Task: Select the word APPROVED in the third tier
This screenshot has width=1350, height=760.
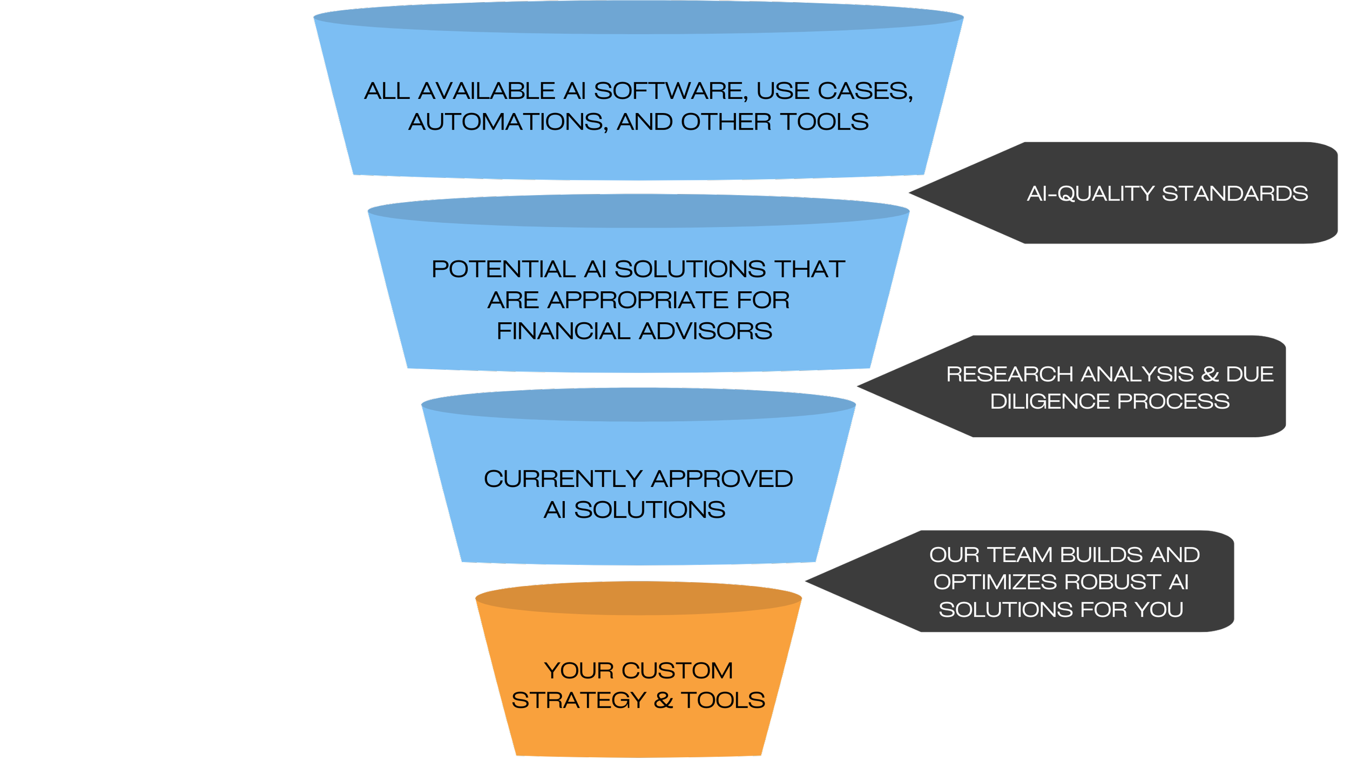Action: coord(722,479)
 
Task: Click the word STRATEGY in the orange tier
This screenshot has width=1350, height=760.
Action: coord(578,701)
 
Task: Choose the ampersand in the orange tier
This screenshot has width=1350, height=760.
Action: coord(663,701)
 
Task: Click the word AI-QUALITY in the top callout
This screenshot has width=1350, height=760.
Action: coord(1090,194)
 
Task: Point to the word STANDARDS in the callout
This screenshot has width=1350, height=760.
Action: coord(1234,194)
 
